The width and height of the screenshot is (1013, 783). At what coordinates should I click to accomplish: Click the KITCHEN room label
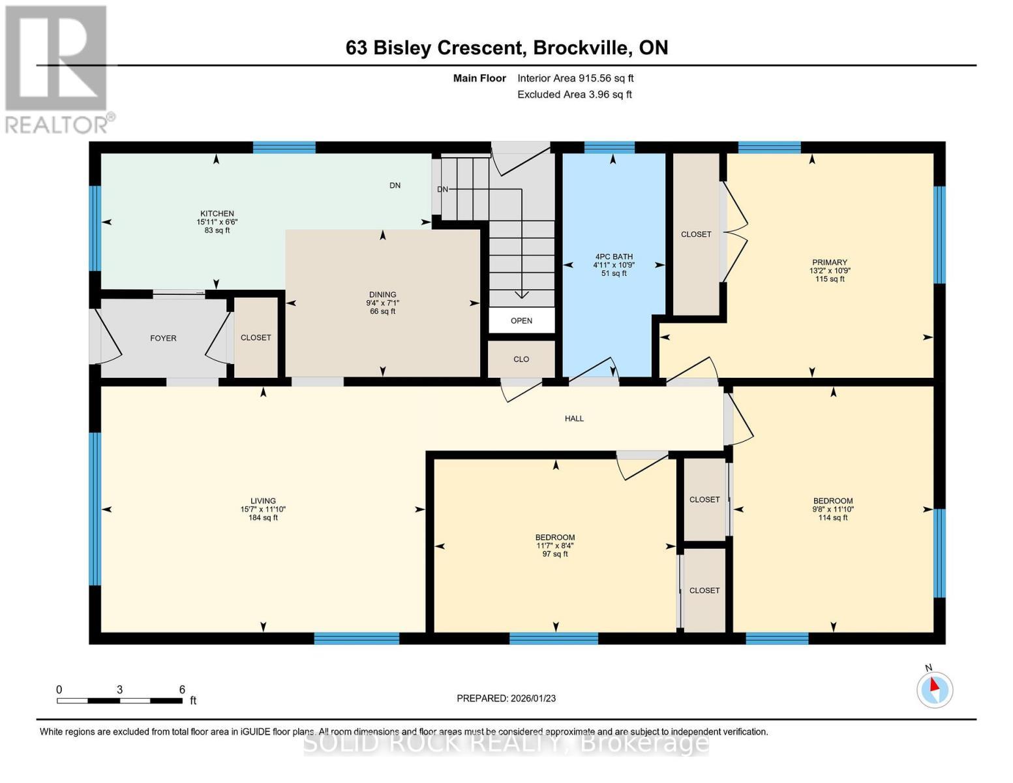[217, 213]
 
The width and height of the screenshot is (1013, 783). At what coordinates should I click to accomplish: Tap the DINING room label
[382, 294]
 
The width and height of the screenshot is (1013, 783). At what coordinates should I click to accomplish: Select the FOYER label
[163, 338]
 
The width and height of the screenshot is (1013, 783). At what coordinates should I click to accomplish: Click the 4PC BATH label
[614, 256]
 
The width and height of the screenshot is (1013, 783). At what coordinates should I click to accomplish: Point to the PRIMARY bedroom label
[829, 262]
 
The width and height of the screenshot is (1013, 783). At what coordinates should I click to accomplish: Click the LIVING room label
[263, 501]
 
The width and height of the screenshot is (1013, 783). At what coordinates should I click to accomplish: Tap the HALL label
[574, 418]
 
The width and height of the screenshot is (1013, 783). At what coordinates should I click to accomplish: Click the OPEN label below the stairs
[521, 321]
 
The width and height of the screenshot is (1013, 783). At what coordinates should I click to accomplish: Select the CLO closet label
[521, 359]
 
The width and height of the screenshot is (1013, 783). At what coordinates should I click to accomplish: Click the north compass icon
[935, 688]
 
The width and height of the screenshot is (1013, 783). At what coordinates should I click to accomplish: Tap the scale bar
[119, 700]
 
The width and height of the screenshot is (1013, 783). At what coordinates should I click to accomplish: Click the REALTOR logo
[58, 70]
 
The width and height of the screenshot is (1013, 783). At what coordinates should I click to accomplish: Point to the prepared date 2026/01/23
[533, 698]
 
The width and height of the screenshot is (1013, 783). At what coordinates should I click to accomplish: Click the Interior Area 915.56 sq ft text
[575, 78]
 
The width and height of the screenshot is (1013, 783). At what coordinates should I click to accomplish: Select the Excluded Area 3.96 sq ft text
[574, 95]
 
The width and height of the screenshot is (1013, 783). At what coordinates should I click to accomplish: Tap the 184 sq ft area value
[263, 517]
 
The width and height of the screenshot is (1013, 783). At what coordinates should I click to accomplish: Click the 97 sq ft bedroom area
[554, 554]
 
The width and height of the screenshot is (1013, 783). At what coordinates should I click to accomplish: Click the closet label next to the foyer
[256, 337]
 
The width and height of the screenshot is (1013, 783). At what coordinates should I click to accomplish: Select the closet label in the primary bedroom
[696, 234]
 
